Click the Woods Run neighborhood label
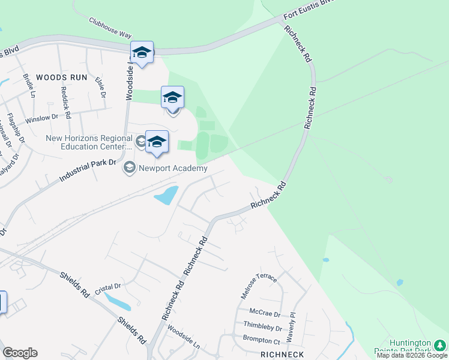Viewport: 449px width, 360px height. click(x=61, y=77)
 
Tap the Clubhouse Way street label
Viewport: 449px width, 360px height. click(x=110, y=28)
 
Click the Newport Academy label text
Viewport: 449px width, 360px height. click(x=173, y=168)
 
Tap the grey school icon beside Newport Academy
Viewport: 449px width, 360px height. click(x=129, y=168)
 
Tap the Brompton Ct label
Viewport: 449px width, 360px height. click(x=262, y=338)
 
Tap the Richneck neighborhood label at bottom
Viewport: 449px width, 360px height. click(x=282, y=355)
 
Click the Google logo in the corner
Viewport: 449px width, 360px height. click(x=20, y=353)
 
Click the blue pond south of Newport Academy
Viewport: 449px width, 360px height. click(x=166, y=195)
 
